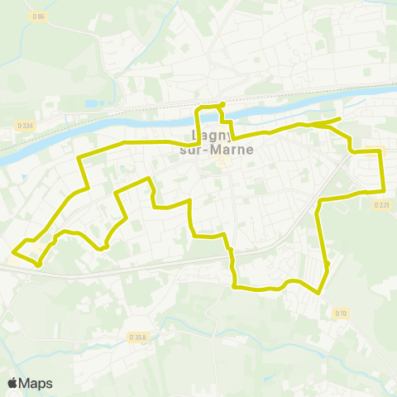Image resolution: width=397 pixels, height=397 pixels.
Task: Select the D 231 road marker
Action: click(381, 204)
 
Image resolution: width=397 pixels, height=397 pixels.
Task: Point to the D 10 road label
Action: click(340, 313)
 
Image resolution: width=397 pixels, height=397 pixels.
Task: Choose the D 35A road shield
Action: click(138, 337)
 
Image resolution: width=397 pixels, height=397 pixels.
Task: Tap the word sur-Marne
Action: click(216, 150)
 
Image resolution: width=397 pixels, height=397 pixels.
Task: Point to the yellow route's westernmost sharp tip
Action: click(12, 251)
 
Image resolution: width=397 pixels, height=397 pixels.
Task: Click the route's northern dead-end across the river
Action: click(222, 103)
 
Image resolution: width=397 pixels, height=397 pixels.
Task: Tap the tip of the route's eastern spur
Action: click(340, 120)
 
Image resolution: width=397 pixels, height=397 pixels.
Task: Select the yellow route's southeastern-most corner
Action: click(319, 293)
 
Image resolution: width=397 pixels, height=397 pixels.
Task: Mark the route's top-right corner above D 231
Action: click(382, 151)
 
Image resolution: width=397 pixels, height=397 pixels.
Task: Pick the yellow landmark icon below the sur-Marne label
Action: click(222, 161)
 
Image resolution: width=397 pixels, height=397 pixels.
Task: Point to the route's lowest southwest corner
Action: click(39, 265)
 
